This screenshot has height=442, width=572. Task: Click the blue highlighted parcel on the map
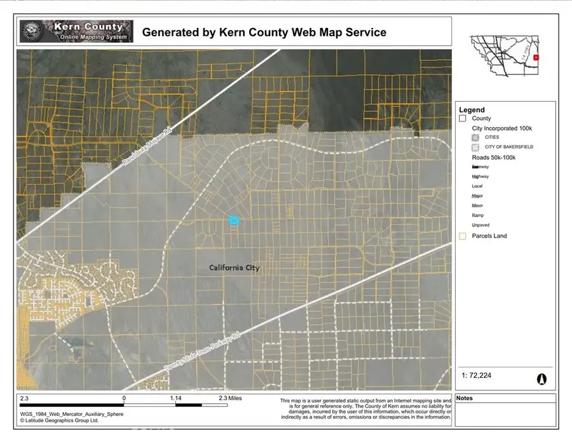click(x=233, y=221)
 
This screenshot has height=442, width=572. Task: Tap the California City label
click(x=235, y=268)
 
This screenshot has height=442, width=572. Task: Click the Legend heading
click(x=472, y=110)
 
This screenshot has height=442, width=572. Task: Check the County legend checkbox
click(x=463, y=118)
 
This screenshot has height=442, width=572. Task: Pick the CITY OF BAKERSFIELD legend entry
click(x=509, y=147)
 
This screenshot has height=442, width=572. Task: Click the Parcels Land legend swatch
click(x=463, y=236)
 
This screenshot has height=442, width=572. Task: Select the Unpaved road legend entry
click(x=480, y=225)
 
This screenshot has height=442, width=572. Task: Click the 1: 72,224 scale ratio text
click(x=477, y=376)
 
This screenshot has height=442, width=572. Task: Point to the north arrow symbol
click(x=542, y=378)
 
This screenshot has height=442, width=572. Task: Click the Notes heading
click(x=465, y=399)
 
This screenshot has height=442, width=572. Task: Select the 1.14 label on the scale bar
click(x=176, y=399)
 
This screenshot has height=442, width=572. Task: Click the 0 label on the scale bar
click(x=124, y=399)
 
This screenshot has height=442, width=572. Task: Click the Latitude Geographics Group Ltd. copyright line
click(x=59, y=420)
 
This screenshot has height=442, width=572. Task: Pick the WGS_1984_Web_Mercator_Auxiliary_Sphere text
click(x=72, y=414)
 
